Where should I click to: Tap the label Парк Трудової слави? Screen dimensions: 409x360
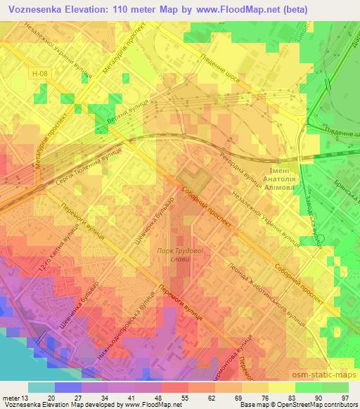(175, 256)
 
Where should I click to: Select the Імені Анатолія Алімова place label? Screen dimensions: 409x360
(284, 179)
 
